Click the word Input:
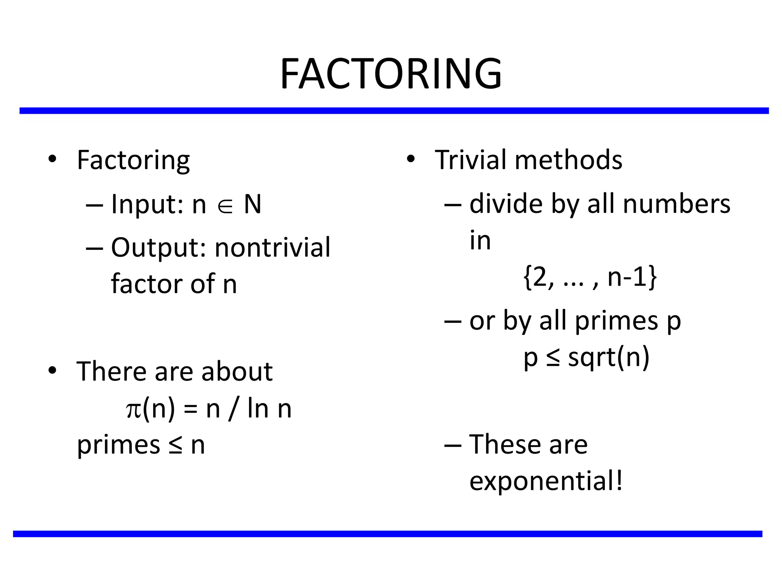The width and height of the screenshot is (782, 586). coord(147,204)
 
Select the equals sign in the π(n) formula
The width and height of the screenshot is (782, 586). coord(191,410)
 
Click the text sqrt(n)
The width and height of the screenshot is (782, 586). coord(609,358)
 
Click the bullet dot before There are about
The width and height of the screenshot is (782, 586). coord(52,370)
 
